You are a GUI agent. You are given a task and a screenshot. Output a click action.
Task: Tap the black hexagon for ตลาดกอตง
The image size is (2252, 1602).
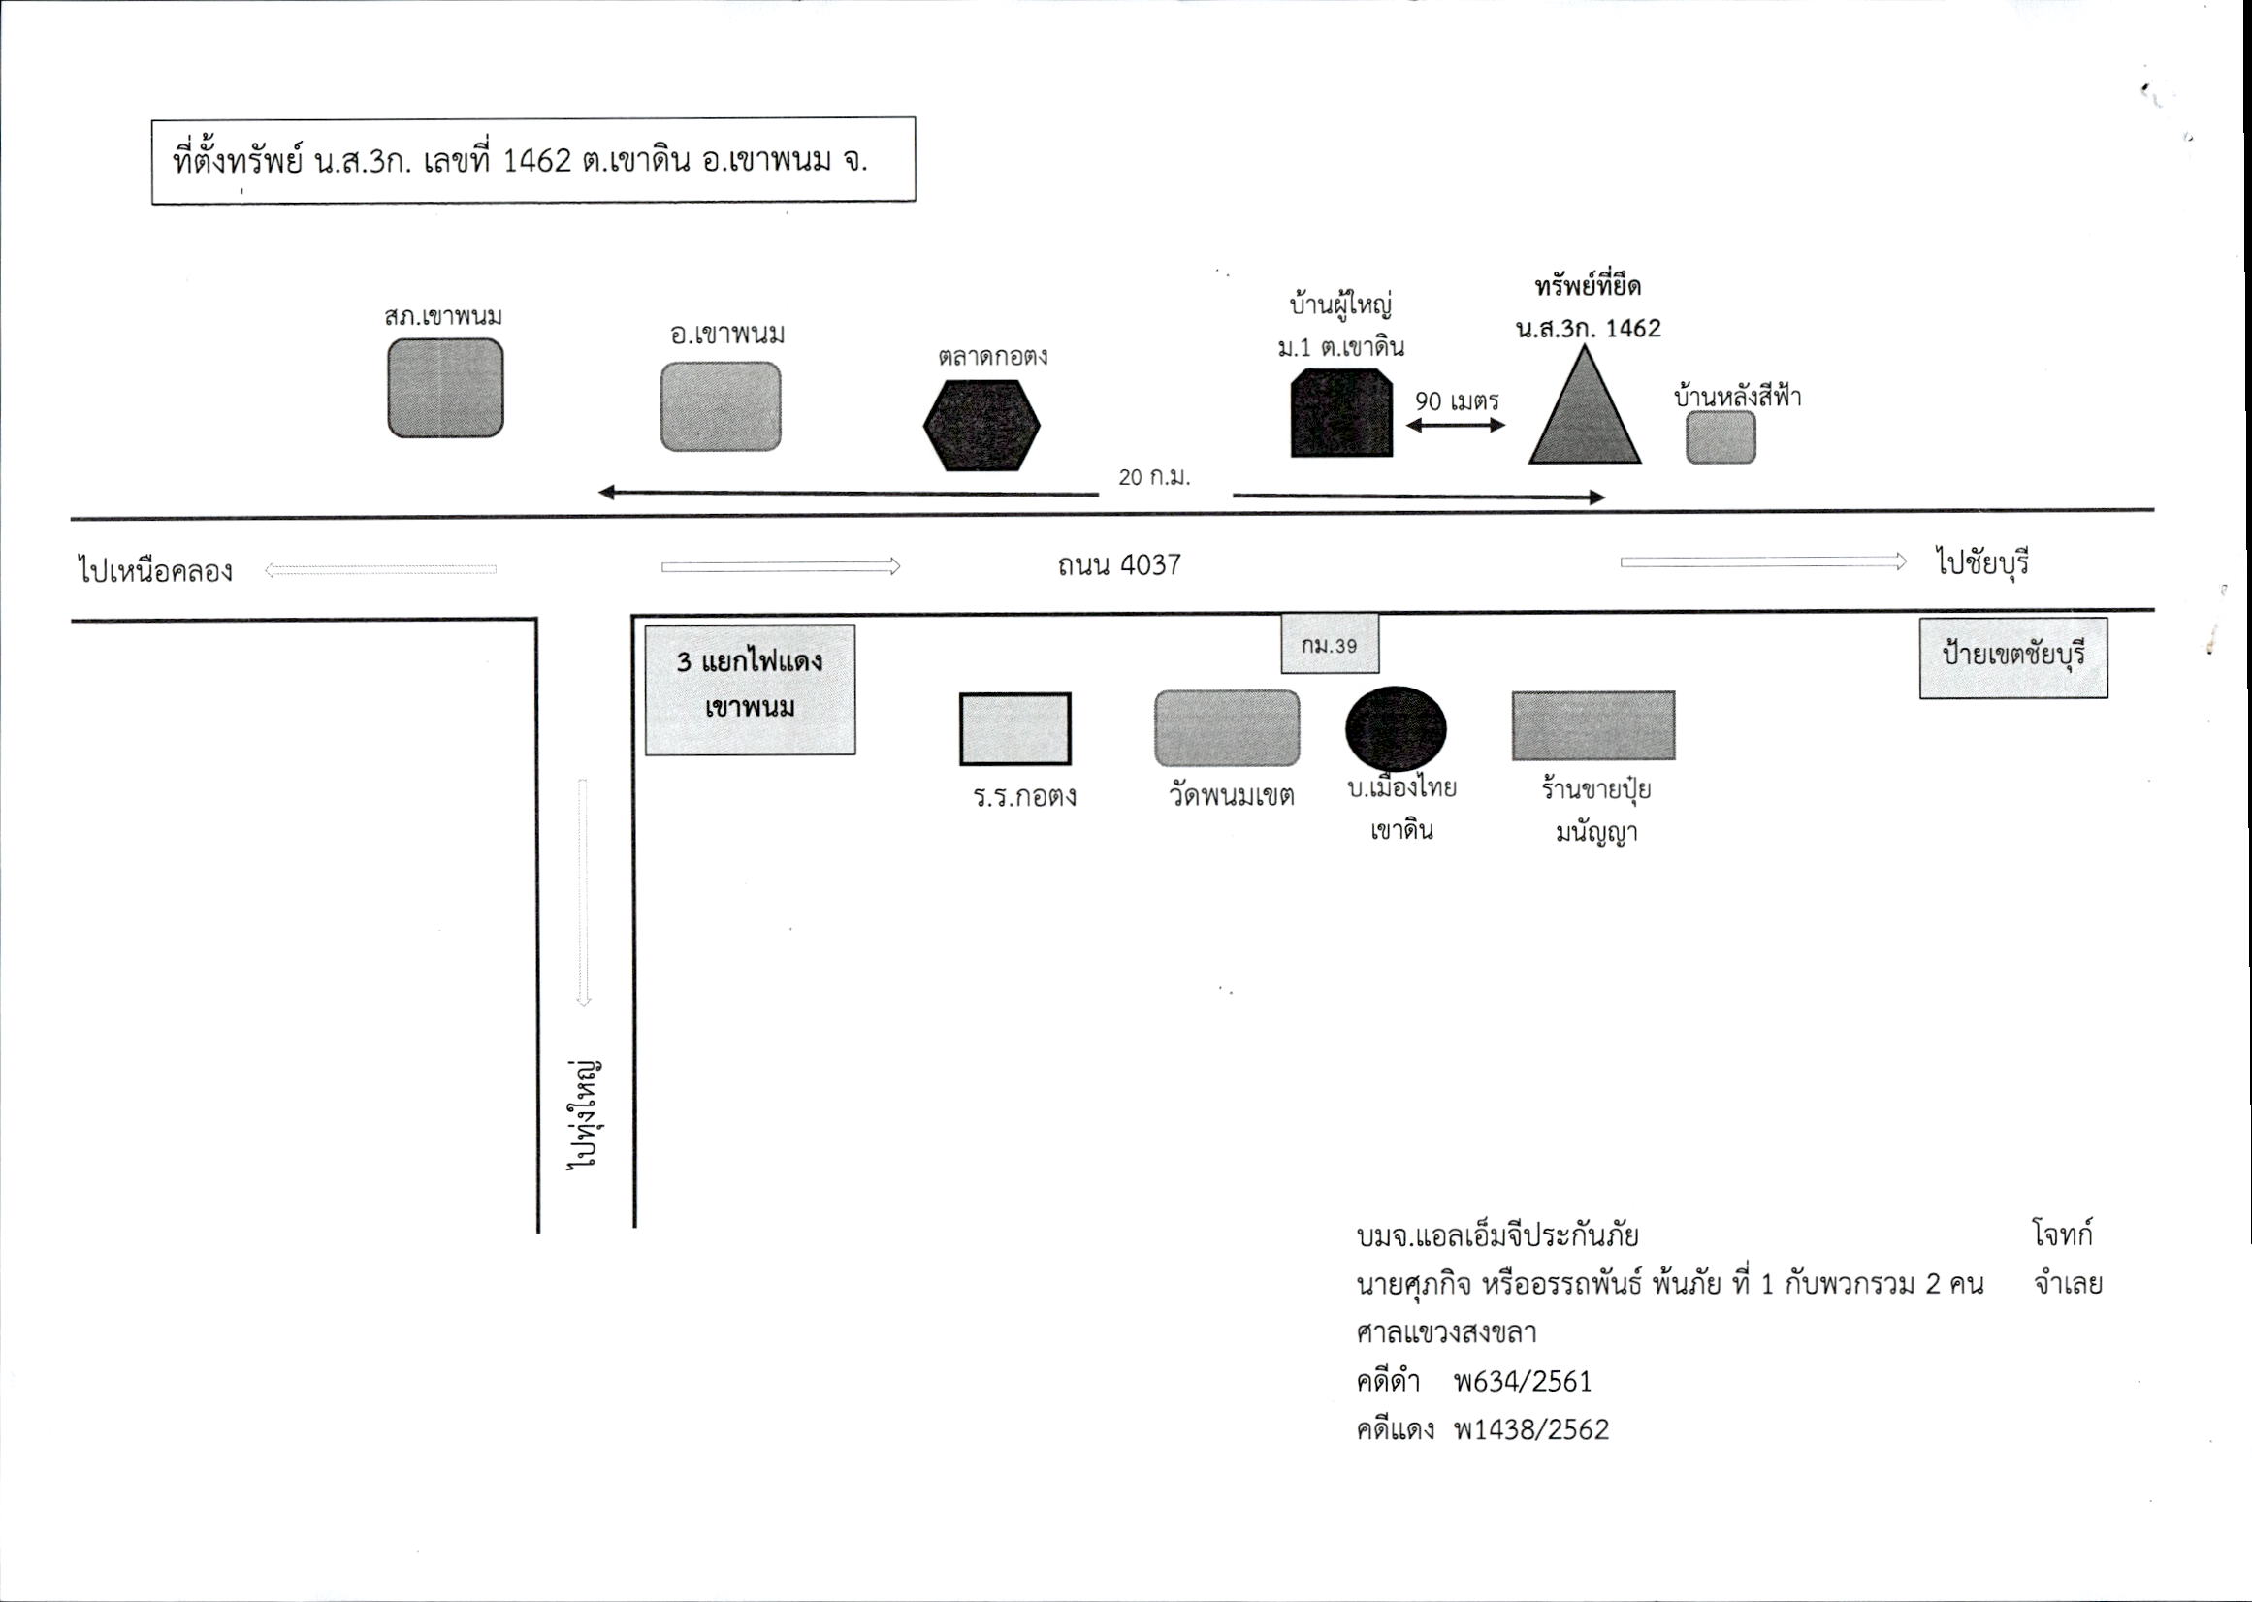point(981,425)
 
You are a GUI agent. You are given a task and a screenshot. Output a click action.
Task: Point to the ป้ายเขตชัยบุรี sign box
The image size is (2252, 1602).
point(2013,657)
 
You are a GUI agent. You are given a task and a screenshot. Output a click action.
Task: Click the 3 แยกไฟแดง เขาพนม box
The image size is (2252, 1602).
point(750,689)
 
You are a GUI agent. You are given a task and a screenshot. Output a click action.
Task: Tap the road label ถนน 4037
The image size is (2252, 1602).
point(1119,565)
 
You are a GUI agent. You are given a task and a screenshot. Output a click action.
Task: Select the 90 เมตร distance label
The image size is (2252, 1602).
point(1457,401)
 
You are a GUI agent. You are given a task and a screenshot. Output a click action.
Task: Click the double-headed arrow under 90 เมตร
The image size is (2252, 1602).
point(1456,425)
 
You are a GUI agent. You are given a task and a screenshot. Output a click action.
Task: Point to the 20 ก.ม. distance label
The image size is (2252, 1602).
point(1154,477)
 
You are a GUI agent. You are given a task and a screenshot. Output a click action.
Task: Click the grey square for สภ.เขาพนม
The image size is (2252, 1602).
point(445,388)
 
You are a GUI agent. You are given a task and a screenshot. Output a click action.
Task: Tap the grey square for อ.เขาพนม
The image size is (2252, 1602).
point(720,406)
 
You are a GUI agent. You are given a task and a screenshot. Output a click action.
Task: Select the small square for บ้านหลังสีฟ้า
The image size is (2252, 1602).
point(1721,437)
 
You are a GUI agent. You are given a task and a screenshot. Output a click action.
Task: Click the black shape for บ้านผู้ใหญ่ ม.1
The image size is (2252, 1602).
point(1341,412)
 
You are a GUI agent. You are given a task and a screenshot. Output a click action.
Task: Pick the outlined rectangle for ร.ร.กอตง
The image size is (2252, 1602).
point(1015,729)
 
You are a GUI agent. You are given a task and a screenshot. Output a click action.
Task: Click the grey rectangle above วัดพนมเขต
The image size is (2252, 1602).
point(1227,728)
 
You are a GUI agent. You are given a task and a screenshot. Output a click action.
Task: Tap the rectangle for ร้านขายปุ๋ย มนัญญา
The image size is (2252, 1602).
point(1593,725)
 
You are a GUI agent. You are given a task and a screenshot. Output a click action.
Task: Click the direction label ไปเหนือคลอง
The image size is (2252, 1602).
point(155,570)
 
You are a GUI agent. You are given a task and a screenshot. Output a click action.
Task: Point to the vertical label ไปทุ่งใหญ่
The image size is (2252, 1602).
point(588,1114)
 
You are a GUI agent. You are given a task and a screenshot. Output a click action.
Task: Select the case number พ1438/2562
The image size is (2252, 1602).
point(1531,1430)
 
